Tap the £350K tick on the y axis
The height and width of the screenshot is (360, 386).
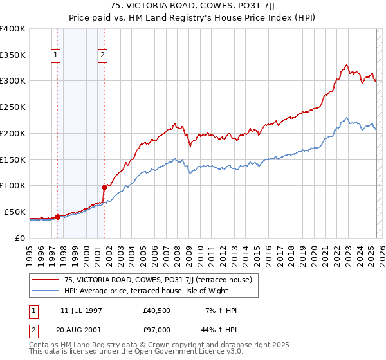(x=12, y=55)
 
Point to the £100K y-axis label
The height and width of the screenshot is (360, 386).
(x=12, y=186)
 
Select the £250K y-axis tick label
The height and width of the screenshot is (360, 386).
(x=12, y=107)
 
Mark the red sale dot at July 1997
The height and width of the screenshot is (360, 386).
(x=57, y=217)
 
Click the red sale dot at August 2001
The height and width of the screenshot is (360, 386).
(x=104, y=187)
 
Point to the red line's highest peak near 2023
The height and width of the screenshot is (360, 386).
(x=346, y=64)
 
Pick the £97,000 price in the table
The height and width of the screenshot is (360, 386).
(x=157, y=330)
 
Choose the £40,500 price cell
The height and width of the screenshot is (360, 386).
(x=157, y=310)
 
